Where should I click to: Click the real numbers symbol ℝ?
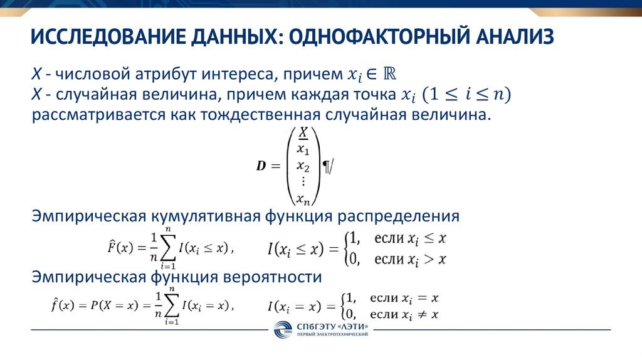coord(389,75)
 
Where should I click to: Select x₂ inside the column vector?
coord(303,167)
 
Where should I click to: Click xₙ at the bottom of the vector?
coord(304,199)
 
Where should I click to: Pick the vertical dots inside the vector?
coord(303,182)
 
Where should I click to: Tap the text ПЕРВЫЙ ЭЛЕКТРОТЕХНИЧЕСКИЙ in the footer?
coord(332,334)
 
